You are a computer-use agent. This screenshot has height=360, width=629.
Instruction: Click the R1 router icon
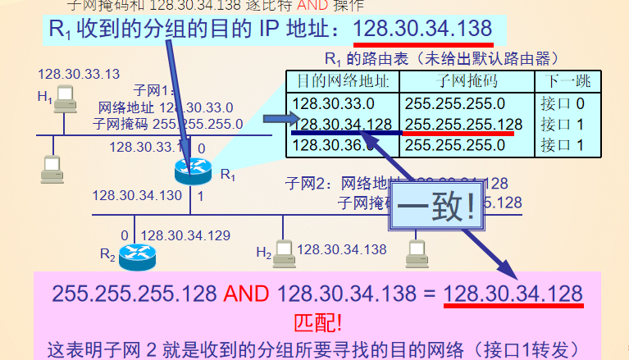tap(194, 171)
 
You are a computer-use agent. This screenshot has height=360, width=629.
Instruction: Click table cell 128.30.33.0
tap(333, 104)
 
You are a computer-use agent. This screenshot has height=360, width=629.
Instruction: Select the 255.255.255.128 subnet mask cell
tap(463, 125)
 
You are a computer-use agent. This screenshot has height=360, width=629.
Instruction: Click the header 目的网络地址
tap(343, 82)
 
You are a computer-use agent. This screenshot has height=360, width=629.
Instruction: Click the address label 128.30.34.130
tap(137, 195)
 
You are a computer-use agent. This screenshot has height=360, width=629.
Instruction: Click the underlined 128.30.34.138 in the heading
tap(423, 29)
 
